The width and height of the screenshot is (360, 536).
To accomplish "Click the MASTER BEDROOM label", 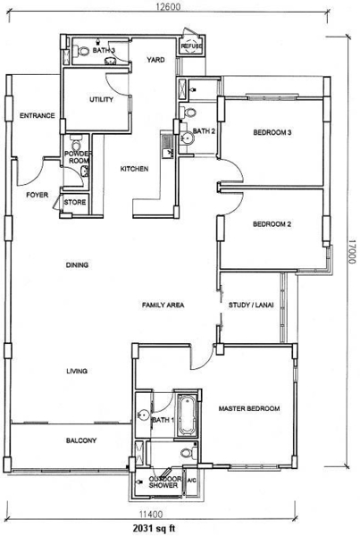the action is tap(249, 408).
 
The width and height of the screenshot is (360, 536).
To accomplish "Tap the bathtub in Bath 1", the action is tap(187, 415).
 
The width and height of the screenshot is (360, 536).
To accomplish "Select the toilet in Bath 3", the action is tap(82, 52).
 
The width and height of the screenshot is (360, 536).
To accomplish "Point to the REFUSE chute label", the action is tap(191, 46).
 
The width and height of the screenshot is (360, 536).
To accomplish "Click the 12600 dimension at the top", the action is tap(168, 6).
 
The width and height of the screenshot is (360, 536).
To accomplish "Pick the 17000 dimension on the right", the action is tap(352, 251).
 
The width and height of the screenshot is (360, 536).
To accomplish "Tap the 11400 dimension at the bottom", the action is tap(150, 514).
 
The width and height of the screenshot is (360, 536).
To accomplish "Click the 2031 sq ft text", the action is tap(154, 528).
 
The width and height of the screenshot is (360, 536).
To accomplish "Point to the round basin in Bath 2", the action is tap(187, 138).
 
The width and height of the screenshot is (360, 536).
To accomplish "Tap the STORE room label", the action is tap(74, 202).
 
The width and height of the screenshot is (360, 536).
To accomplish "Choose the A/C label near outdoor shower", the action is tap(192, 481).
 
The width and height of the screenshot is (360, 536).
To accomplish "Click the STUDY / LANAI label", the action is tap(251, 305).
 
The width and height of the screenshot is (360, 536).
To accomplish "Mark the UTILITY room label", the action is tap(101, 99).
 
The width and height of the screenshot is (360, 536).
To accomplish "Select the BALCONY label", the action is tap(81, 440).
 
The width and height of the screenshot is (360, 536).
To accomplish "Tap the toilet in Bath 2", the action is tap(189, 112).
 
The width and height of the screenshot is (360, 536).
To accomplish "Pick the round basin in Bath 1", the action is tap(144, 415).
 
